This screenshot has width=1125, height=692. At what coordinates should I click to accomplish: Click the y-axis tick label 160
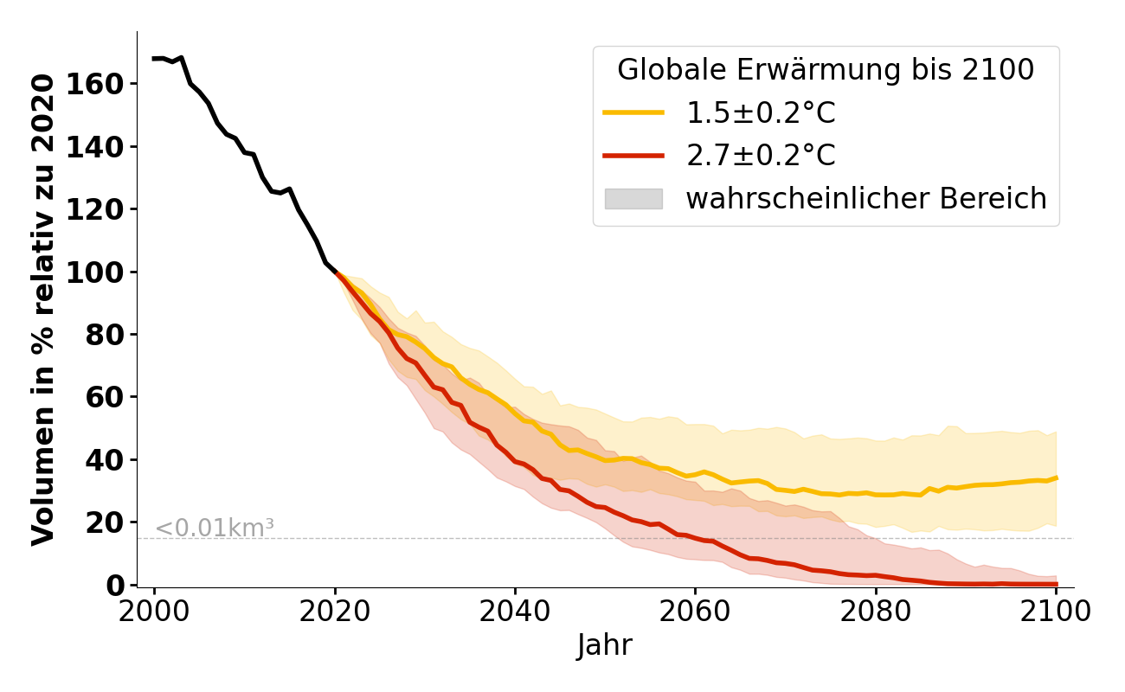click(x=103, y=84)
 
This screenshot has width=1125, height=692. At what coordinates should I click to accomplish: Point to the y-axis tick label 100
click(x=103, y=272)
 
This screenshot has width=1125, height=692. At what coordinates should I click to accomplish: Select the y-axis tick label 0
click(x=116, y=586)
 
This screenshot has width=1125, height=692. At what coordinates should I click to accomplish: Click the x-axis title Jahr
click(x=605, y=645)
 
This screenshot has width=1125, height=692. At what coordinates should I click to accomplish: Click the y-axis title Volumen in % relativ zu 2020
click(x=43, y=309)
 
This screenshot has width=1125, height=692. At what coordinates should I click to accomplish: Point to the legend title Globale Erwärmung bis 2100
click(x=826, y=70)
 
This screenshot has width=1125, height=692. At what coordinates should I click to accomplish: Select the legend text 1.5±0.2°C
click(x=761, y=113)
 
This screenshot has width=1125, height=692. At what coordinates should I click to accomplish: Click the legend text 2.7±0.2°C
click(x=761, y=156)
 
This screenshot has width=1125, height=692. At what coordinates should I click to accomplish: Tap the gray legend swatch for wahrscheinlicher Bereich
click(x=633, y=199)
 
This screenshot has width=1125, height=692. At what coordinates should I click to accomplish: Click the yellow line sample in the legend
click(x=633, y=113)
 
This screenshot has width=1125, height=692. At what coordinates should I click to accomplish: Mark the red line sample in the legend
click(x=633, y=156)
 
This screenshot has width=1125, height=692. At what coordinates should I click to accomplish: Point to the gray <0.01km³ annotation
click(x=215, y=527)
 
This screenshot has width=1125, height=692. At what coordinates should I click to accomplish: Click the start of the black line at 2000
click(x=155, y=59)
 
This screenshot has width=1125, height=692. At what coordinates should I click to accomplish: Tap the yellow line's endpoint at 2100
click(x=1056, y=477)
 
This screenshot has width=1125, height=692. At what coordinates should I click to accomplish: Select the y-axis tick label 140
click(x=103, y=147)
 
